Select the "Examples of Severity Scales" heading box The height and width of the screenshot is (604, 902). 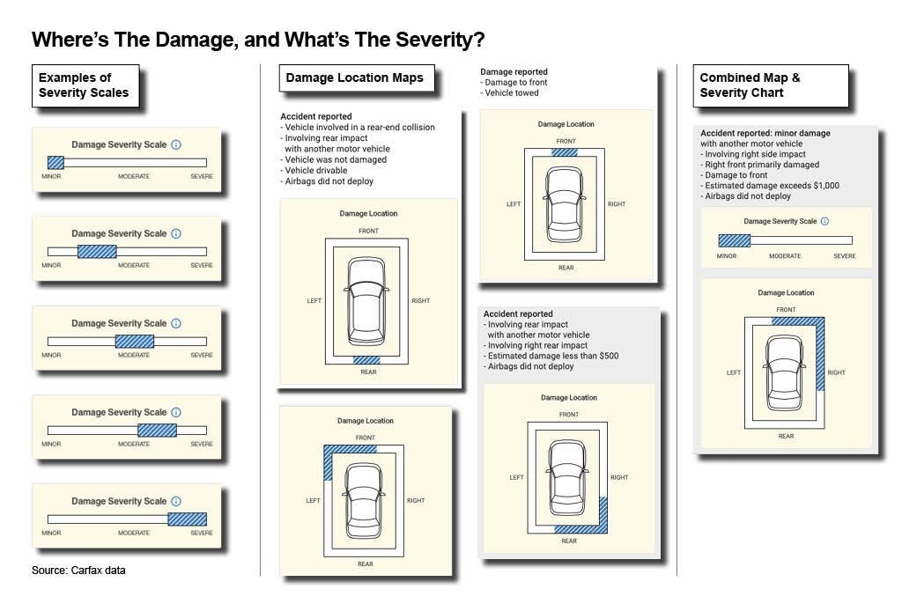85,85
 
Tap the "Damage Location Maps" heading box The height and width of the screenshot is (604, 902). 357,78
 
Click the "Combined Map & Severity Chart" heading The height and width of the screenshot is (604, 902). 771,85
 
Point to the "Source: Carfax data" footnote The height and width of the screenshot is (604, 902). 78,570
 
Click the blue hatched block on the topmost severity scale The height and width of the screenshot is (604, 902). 55,163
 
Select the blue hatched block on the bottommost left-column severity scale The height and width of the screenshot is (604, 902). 187,519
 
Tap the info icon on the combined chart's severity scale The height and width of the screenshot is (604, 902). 824,222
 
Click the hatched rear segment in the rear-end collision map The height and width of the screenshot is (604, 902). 366,360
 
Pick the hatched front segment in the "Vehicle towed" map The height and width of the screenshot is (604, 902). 565,152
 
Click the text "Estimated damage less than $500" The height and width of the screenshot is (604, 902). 553,356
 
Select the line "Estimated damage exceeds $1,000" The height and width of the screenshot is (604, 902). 772,185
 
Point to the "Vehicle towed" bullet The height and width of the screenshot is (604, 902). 512,92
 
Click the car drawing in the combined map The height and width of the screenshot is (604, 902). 784,372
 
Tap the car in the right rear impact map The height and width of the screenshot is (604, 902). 567,477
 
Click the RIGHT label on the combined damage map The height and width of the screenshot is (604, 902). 837,372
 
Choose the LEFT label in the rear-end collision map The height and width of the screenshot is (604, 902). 314,301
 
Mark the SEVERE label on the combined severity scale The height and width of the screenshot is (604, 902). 845,256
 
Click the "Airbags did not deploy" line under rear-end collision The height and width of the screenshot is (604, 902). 329,181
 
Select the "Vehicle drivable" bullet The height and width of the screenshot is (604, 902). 316,170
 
